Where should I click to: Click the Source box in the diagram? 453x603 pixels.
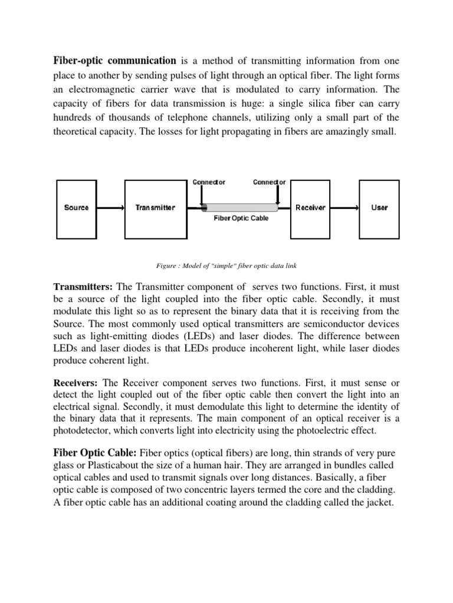click(x=77, y=207)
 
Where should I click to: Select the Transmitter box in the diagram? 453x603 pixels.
click(x=155, y=207)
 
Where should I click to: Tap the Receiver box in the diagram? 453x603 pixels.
click(x=310, y=207)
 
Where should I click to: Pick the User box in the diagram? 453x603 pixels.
click(x=379, y=207)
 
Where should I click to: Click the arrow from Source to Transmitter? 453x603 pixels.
click(x=111, y=208)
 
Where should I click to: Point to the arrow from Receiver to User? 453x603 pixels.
click(x=343, y=208)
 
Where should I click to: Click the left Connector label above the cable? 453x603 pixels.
click(x=209, y=182)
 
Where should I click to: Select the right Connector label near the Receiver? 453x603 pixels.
click(x=270, y=182)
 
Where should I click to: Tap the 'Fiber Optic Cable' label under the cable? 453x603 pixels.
click(x=240, y=218)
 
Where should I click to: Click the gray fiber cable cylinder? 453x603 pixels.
click(x=240, y=207)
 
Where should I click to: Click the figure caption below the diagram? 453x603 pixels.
click(x=227, y=266)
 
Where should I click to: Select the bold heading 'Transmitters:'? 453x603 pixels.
click(x=84, y=287)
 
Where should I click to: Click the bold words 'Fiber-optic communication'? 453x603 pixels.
click(x=115, y=61)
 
